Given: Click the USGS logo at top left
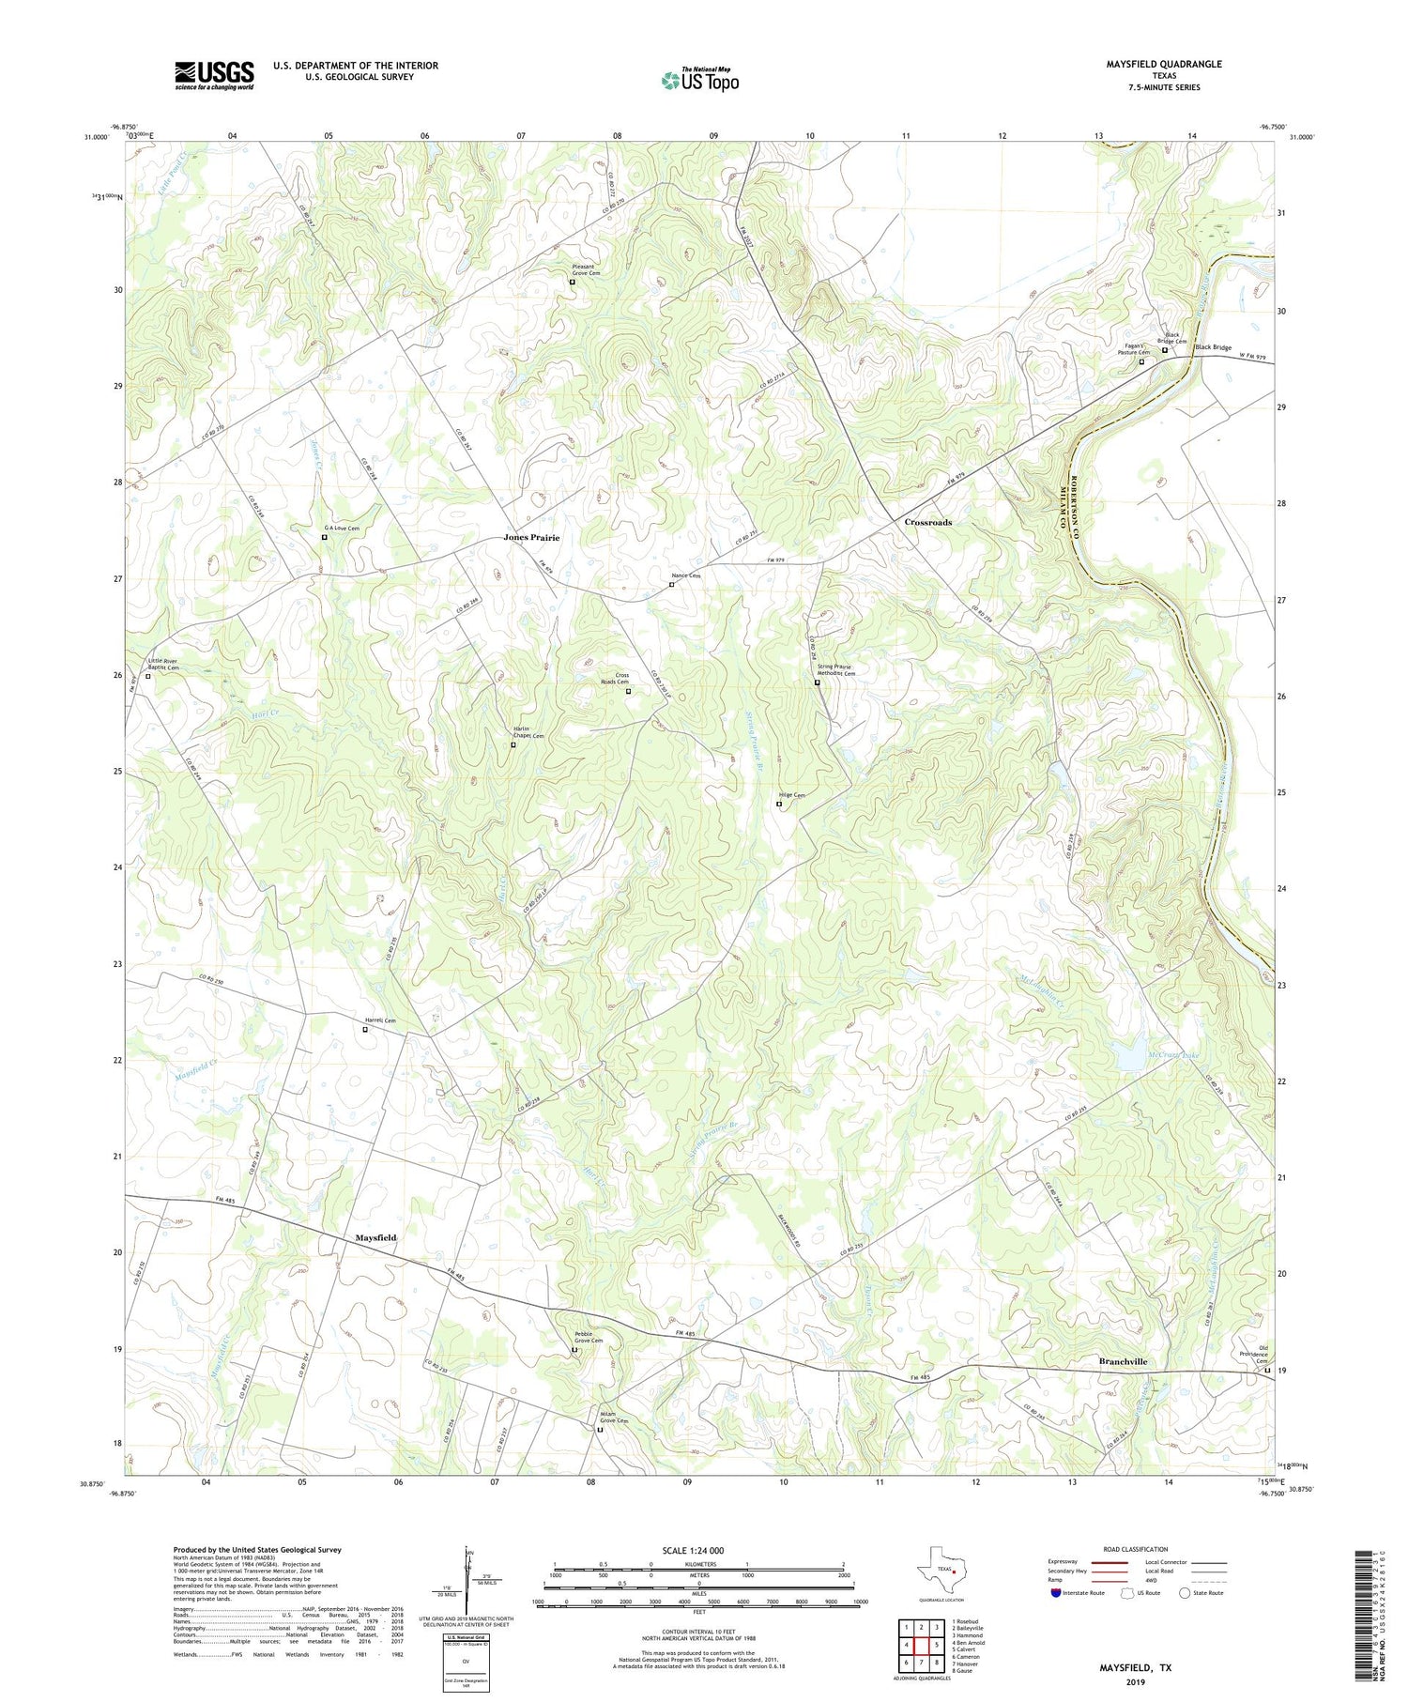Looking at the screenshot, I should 214,75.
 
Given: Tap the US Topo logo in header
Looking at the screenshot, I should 700,81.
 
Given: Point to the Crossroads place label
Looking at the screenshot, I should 927,522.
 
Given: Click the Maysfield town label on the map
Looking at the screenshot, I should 375,1237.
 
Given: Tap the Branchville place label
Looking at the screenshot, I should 1123,1361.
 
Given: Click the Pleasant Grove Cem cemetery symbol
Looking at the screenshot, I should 572,282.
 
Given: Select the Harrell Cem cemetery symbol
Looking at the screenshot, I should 365,1030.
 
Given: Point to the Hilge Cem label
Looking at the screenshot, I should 791,795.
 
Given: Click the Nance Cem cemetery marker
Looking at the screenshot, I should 671,585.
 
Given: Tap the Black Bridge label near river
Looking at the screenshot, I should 1213,347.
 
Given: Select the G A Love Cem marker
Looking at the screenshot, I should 325,538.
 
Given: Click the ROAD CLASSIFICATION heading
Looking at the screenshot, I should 1135,1549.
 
